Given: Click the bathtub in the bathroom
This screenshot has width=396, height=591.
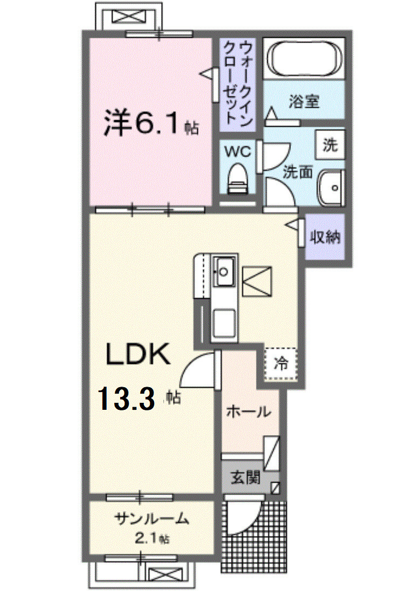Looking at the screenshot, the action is [x=304, y=58].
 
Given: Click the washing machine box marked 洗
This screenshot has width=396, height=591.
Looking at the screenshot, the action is [x=330, y=145].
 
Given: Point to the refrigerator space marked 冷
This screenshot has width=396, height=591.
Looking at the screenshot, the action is [x=281, y=364].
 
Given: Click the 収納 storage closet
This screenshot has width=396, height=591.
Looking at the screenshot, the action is [x=325, y=237].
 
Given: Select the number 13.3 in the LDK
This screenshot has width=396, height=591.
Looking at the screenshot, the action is [x=127, y=399].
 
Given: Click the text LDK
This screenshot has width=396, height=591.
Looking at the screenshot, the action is [x=138, y=354].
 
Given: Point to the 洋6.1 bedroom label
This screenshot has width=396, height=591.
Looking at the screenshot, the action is [x=151, y=123].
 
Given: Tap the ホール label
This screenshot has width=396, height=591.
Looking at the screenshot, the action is [x=248, y=411].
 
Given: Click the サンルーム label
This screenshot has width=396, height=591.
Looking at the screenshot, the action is [x=151, y=519].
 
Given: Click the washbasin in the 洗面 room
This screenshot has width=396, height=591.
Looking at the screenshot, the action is [x=331, y=187].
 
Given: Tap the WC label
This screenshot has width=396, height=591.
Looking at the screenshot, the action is [x=238, y=152].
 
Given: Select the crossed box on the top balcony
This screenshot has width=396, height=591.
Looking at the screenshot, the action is [x=129, y=16].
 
